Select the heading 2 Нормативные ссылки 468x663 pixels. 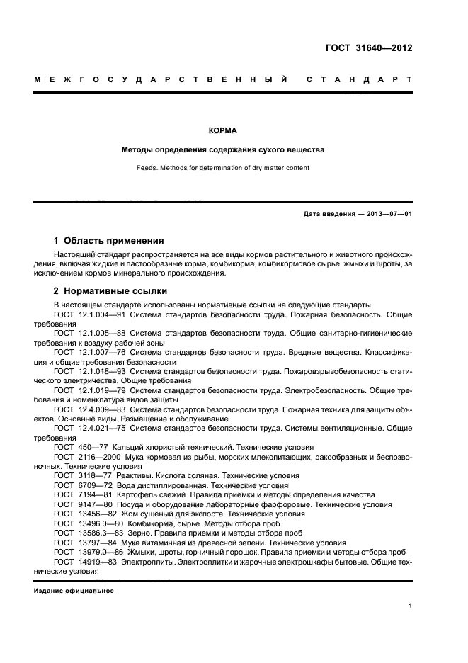pyautogui.click(x=111, y=290)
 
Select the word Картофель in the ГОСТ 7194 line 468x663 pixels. pyautogui.click(x=136, y=495)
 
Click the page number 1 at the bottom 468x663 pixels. pyautogui.click(x=410, y=606)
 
